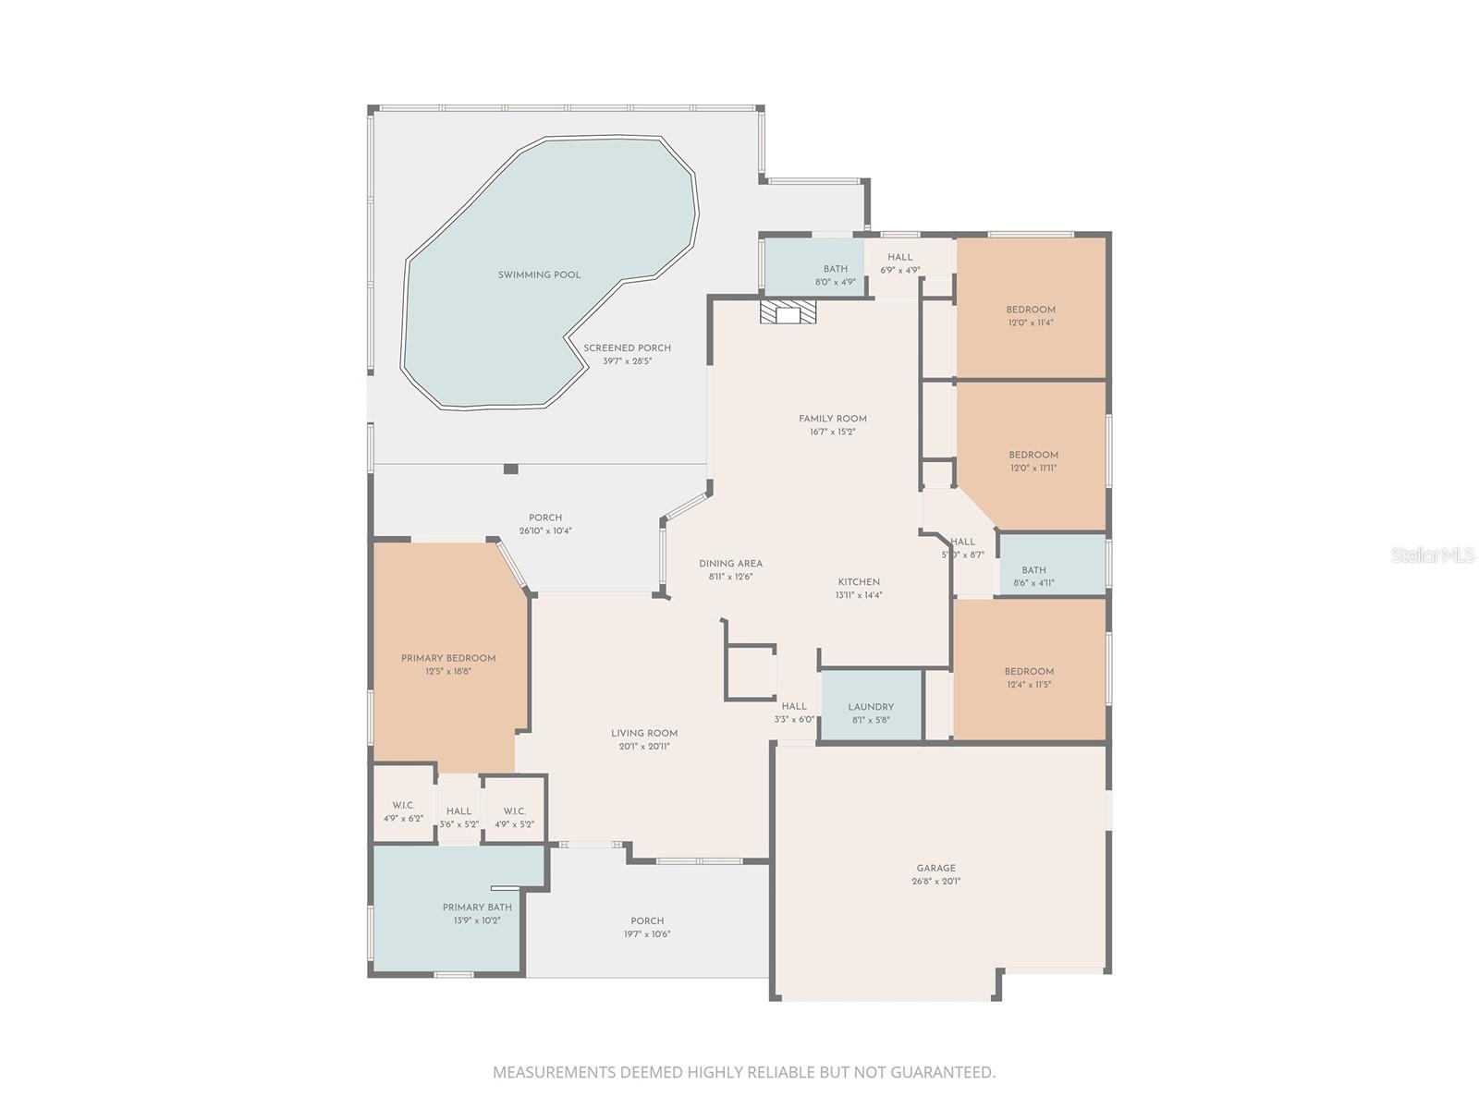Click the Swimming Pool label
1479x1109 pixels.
point(540,275)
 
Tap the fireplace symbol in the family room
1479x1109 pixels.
point(788,314)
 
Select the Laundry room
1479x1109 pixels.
point(871,707)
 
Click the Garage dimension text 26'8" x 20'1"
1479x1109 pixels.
point(935,882)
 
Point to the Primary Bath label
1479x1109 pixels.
point(477,908)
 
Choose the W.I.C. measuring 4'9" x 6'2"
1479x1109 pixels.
point(403,811)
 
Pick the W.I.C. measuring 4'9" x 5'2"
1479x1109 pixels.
point(514,817)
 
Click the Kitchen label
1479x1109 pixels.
point(859,582)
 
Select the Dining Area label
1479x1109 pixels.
point(730,564)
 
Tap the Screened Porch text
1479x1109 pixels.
point(627,348)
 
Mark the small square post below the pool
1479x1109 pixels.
point(511,469)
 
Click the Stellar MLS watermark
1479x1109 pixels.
point(1431,555)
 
